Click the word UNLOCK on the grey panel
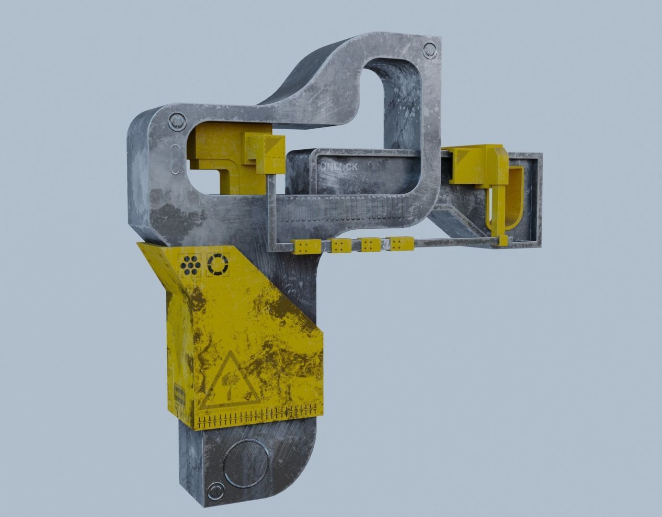339,167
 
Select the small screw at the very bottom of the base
214,489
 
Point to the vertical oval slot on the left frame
175,157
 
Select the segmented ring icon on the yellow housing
218,264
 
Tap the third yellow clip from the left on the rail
368,246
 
